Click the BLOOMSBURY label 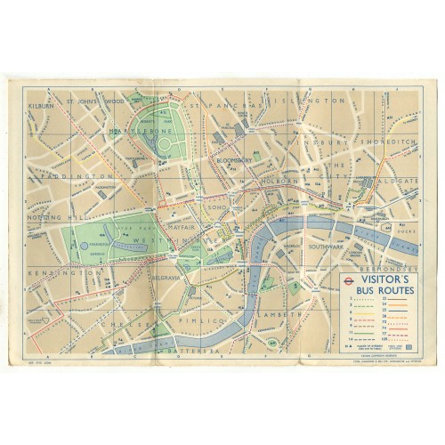(234, 162)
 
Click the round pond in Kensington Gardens (85, 243)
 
